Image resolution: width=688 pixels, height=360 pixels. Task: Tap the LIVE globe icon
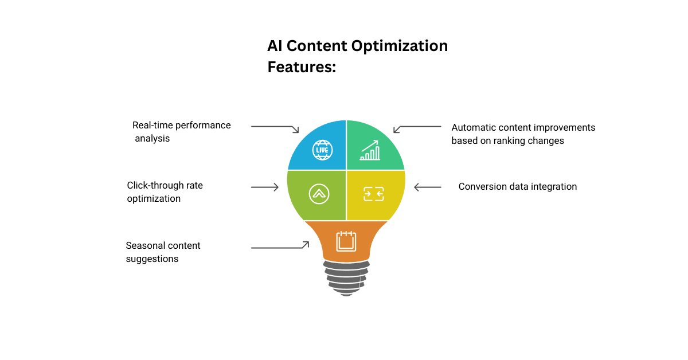coord(322,150)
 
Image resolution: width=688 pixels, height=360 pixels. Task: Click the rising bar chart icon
coord(370,150)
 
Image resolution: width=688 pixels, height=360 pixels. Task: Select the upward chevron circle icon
coord(319,194)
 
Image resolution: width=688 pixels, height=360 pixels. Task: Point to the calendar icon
coord(346,241)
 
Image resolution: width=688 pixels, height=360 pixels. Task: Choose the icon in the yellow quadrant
coord(373,194)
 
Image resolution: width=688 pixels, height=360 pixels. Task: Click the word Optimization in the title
coord(400,46)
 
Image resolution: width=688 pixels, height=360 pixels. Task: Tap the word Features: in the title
coord(302,67)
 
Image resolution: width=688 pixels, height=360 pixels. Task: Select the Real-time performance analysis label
coord(181,132)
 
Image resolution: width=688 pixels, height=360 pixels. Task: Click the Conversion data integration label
coord(517,186)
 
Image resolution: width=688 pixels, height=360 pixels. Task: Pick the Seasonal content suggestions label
coord(163,252)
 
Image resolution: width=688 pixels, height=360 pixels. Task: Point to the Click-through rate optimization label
coord(165,192)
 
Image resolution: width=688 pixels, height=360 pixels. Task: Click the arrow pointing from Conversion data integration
coord(427,187)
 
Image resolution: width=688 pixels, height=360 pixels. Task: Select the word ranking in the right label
coord(507,140)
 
